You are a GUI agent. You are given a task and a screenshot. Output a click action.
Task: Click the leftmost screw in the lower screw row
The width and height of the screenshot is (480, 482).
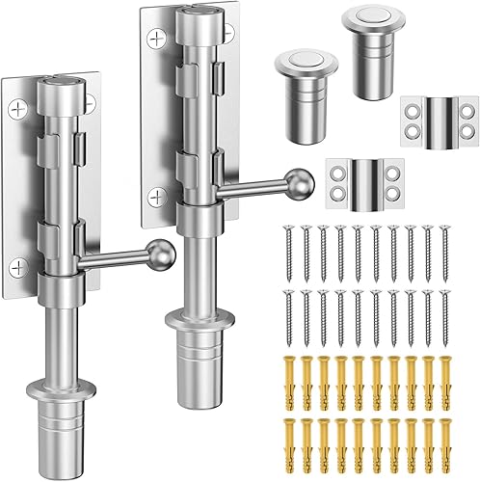point(288,313)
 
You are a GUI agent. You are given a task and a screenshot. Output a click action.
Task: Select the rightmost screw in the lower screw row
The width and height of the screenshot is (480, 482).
point(445,313)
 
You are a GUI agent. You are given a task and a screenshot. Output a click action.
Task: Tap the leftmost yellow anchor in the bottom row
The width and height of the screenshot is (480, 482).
point(287,443)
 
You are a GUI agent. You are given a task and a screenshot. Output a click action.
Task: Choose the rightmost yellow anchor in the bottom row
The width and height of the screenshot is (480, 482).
point(445,443)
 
